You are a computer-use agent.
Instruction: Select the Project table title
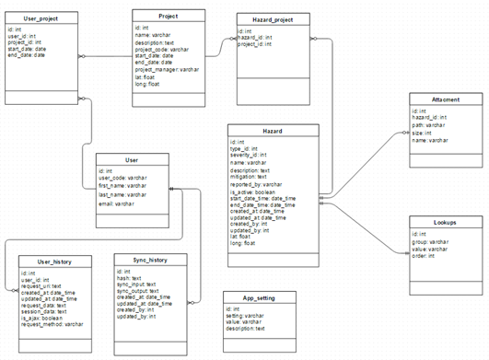point(169,17)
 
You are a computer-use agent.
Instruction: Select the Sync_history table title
point(146,261)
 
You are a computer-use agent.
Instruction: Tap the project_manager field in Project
point(167,69)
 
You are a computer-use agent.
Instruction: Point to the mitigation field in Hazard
point(250,177)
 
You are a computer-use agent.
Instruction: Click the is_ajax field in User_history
point(44,318)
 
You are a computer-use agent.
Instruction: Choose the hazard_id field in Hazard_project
point(260,39)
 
